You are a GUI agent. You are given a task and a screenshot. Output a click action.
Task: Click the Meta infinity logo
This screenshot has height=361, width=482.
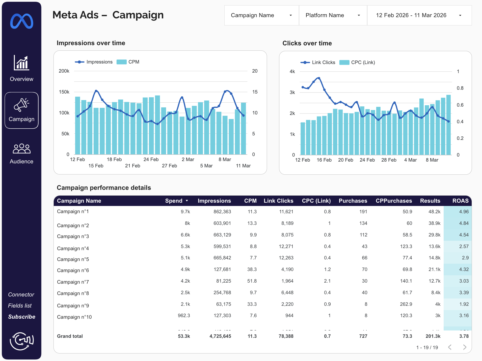pyautogui.click(x=22, y=21)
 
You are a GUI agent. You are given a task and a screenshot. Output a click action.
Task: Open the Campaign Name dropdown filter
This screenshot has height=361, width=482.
pyautogui.click(x=261, y=15)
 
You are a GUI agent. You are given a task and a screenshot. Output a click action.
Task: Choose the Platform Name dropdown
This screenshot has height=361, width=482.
pyautogui.click(x=333, y=15)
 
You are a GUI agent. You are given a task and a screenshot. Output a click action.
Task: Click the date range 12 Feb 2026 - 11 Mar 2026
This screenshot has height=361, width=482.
pyautogui.click(x=419, y=15)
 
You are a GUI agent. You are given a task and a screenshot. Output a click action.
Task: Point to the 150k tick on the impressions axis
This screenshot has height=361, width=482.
pyautogui.click(x=64, y=92)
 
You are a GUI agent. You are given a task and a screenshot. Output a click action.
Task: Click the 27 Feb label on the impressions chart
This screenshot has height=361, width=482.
pyautogui.click(x=169, y=166)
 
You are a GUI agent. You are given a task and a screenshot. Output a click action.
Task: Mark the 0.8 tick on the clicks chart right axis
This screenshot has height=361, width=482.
pyautogui.click(x=460, y=88)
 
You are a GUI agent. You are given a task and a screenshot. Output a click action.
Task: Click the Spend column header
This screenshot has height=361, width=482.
pyautogui.click(x=174, y=201)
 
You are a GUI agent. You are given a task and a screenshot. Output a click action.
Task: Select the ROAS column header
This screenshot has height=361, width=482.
pyautogui.click(x=460, y=201)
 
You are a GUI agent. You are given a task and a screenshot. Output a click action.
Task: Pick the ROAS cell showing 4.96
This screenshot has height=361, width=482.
pyautogui.click(x=464, y=212)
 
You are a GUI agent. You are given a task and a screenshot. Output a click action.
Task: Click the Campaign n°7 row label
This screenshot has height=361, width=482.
pyautogui.click(x=73, y=282)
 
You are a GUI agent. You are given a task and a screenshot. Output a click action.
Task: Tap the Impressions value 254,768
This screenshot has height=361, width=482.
pyautogui.click(x=222, y=293)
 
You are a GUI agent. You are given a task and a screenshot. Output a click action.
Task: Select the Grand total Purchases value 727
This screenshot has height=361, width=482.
pyautogui.click(x=363, y=336)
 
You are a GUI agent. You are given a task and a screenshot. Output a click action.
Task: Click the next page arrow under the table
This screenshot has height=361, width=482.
pyautogui.click(x=465, y=347)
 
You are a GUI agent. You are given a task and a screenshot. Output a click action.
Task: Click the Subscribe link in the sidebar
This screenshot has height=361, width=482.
pyautogui.click(x=22, y=317)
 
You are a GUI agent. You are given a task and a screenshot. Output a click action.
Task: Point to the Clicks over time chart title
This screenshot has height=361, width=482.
pyautogui.click(x=307, y=43)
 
